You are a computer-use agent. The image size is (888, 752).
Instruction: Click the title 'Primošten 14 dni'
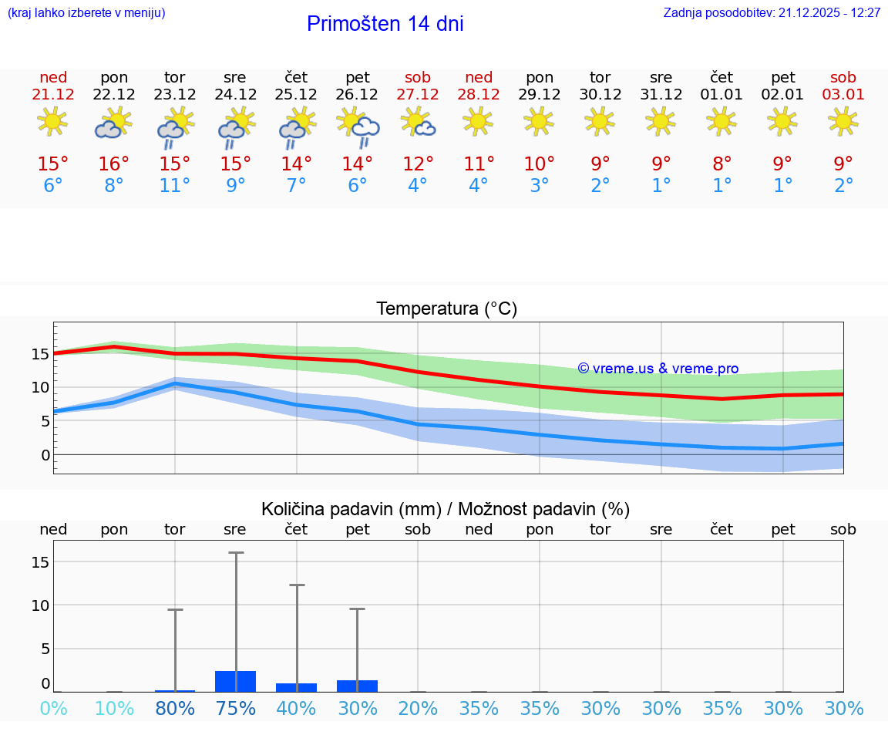(x=385, y=24)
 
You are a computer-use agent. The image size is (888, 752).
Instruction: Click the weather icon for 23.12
(x=175, y=128)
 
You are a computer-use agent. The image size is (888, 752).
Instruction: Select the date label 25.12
(x=296, y=95)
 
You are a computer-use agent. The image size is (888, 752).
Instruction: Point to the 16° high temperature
(x=114, y=164)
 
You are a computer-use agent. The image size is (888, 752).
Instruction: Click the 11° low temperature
(x=175, y=186)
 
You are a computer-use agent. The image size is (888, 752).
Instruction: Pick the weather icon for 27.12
(x=418, y=123)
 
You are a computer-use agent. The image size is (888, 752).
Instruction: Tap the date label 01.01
(x=721, y=95)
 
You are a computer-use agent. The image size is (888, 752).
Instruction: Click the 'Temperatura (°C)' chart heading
(x=446, y=309)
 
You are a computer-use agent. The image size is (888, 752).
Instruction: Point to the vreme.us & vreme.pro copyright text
(x=658, y=369)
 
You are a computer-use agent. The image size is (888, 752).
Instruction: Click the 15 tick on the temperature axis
(x=40, y=354)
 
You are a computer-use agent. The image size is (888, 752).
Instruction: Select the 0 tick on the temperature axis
(x=45, y=455)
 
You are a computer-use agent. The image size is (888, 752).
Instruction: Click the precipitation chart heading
(x=446, y=509)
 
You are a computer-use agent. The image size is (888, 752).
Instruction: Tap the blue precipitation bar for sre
(x=236, y=682)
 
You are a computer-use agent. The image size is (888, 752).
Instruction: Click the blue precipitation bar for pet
(x=358, y=686)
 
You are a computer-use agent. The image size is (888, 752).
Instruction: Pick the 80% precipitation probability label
(x=175, y=709)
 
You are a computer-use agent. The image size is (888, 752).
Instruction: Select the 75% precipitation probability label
(x=236, y=709)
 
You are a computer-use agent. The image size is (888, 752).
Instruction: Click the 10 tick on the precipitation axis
(x=40, y=605)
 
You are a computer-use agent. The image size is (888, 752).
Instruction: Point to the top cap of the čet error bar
(x=297, y=585)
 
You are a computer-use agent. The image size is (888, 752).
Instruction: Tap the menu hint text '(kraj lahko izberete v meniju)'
(x=86, y=13)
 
